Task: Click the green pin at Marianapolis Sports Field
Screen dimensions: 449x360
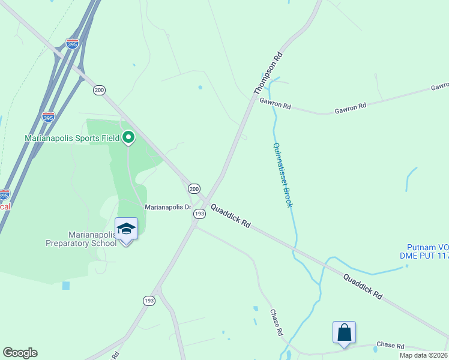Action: tap(128, 137)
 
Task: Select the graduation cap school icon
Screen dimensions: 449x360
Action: tap(126, 229)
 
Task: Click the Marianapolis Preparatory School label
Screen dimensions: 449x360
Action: tap(82, 239)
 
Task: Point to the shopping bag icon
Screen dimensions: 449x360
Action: tap(344, 332)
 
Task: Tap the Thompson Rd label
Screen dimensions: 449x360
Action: tap(268, 74)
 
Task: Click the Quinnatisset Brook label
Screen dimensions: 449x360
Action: tap(282, 175)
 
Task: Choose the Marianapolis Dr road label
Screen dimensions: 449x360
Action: tap(167, 207)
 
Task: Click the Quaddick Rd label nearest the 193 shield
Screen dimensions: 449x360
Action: tap(230, 214)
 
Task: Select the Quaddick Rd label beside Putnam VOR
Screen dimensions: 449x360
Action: tap(363, 287)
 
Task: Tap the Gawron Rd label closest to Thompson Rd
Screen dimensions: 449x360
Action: tap(275, 104)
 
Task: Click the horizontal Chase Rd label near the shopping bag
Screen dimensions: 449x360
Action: tap(390, 346)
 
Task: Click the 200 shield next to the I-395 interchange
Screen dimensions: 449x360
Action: tap(99, 90)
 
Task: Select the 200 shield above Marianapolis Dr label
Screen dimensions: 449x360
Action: tap(194, 188)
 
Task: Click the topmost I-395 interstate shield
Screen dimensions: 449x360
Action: tap(72, 44)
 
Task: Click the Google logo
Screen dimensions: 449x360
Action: tap(20, 353)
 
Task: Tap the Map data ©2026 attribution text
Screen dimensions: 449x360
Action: tap(423, 355)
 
